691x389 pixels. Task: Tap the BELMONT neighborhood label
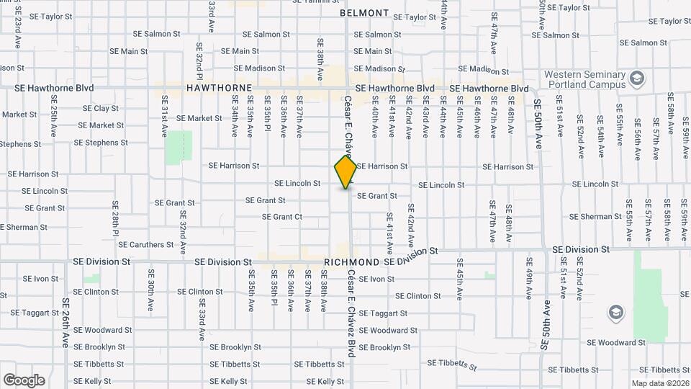pos(364,13)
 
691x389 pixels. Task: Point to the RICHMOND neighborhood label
pos(352,262)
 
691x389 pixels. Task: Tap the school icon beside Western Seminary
pos(636,77)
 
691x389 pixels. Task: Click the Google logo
pos(24,380)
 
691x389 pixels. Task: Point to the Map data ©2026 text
pos(659,383)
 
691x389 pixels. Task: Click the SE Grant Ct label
pos(282,217)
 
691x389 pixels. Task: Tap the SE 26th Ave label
pos(65,324)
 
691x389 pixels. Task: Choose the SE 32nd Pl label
pos(199,61)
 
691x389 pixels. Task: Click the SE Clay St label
pos(101,109)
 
